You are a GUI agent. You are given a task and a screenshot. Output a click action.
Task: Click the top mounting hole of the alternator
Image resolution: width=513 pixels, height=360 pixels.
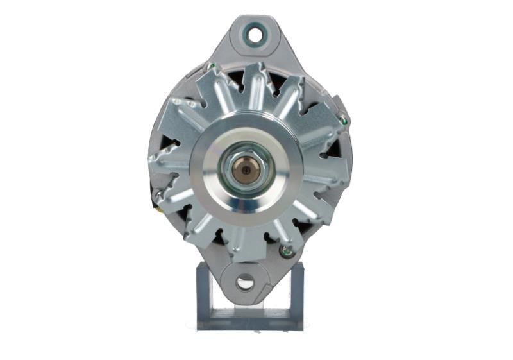pyautogui.click(x=255, y=35)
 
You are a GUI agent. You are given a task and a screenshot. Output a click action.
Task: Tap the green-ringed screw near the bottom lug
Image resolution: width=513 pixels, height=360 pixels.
pyautogui.click(x=287, y=252)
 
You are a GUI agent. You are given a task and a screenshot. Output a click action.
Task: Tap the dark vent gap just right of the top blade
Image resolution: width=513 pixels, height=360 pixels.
pyautogui.click(x=277, y=81)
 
